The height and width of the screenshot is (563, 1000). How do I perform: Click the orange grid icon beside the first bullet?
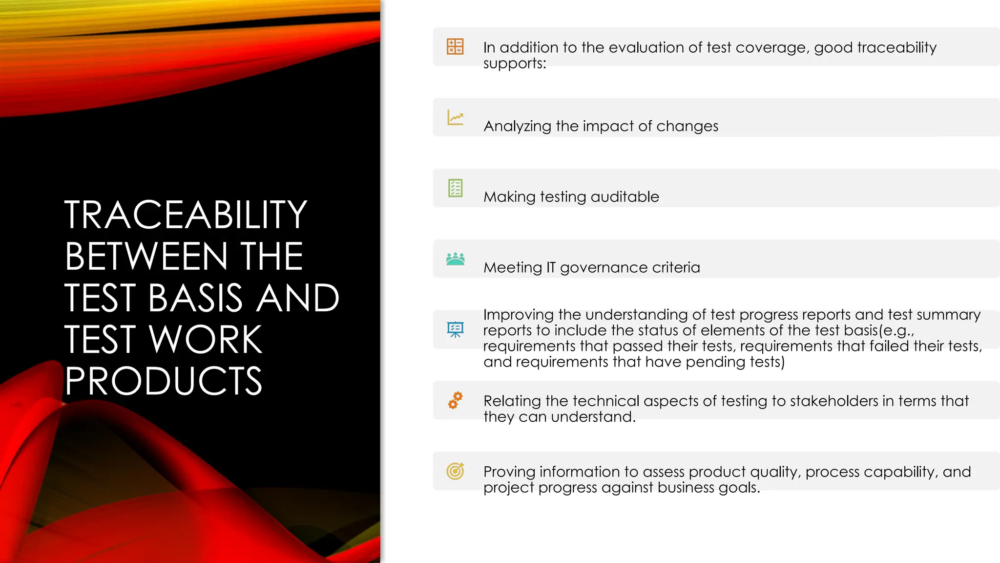click(x=455, y=46)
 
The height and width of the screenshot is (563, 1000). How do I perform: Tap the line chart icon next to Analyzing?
click(x=455, y=117)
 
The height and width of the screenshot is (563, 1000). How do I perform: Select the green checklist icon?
click(x=455, y=188)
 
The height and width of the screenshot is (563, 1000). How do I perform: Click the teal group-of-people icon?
click(x=455, y=259)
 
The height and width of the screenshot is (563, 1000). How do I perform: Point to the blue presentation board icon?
click(x=455, y=329)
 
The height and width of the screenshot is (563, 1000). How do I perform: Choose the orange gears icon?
click(x=455, y=400)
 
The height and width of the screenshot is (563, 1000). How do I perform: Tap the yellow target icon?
click(x=455, y=471)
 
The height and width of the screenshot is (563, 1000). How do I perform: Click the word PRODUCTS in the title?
click(x=164, y=381)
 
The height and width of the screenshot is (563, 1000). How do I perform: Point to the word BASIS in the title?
click(x=195, y=298)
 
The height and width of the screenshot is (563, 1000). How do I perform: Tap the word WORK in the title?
click(x=206, y=339)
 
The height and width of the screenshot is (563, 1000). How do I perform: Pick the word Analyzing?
click(x=517, y=127)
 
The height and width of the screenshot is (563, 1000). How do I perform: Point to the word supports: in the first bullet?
click(x=514, y=64)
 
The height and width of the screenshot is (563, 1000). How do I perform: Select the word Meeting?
click(x=513, y=268)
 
